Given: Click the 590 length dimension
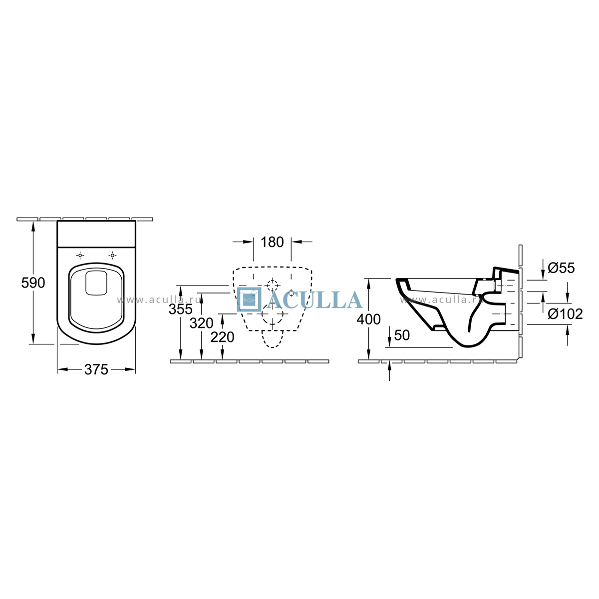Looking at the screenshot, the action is tap(33, 283).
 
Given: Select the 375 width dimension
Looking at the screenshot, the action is tap(96, 369).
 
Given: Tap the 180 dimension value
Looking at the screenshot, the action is tap(272, 242).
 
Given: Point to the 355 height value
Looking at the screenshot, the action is tap(180, 309).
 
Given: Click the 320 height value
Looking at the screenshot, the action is tap(202, 323).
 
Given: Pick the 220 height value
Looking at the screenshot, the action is tap(222, 337).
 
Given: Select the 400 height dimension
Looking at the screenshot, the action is tap(368, 319).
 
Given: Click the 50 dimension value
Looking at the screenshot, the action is tap(402, 335).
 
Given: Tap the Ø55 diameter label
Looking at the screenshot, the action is tap(561, 268).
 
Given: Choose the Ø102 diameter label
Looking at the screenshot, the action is tap(565, 314).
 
